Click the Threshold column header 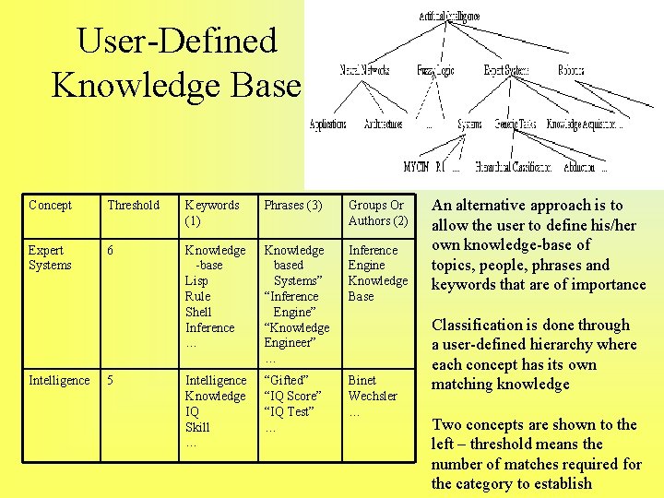pos(133,205)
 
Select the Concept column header pos(50,205)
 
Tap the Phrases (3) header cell pos(293,205)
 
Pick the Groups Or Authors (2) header pos(377,212)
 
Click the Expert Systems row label pos(50,257)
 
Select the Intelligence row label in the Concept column pos(59,380)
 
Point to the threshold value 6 pos(111,250)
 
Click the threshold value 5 pos(111,380)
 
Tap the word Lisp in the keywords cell pos(196,280)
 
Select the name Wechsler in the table pos(373,396)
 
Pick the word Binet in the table pos(362,380)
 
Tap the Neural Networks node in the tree pos(364,70)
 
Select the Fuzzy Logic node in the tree pos(436,70)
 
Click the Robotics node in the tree pos(571,70)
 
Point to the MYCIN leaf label pos(416,167)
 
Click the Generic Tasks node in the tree pos(516,124)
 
